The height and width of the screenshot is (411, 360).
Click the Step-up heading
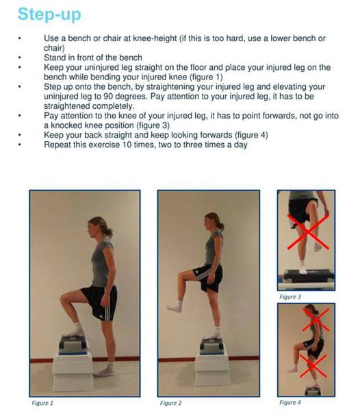pos(49,14)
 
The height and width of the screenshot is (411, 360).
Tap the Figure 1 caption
pos(42,403)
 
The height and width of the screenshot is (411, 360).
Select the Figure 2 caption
pos(170,403)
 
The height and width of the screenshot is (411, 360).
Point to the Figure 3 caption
pos(290,297)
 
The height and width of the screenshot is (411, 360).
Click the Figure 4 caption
pos(290,402)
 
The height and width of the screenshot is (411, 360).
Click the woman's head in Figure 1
pos(98,227)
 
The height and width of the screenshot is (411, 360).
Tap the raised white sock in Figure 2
pos(174,306)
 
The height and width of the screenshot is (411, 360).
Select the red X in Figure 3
pos(308,232)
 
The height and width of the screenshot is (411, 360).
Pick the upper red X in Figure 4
pos(316,320)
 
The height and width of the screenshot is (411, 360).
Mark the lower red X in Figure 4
pos(313,366)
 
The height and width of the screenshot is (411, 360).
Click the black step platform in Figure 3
pos(309,276)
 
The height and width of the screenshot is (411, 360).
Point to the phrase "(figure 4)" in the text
pos(251,135)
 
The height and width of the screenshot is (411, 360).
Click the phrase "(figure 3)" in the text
pos(153,125)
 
